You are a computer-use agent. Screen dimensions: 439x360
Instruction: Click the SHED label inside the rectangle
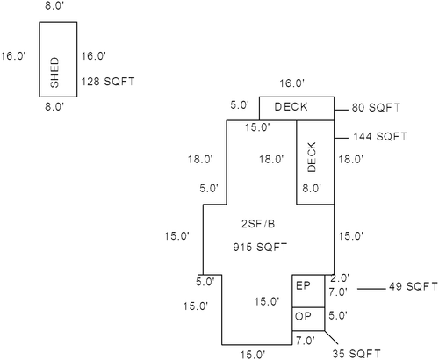tap(54, 72)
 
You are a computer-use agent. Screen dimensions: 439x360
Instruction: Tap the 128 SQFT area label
tap(108, 82)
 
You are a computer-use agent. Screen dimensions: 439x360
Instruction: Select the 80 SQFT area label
tap(376, 108)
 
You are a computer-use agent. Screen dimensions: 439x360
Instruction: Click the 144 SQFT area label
tap(380, 137)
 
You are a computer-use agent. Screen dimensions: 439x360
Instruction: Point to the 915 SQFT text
tap(260, 248)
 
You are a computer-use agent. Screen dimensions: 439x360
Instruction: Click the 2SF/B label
tap(258, 224)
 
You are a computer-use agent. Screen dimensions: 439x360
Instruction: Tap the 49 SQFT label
tap(414, 286)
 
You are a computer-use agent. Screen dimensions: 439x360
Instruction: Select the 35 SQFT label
tap(356, 354)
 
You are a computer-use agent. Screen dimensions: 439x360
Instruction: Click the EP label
tap(303, 285)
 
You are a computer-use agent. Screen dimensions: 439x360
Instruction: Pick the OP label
tap(303, 317)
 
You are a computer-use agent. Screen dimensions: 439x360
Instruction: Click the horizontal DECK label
tap(291, 107)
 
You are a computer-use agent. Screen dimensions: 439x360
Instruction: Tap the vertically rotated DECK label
tap(312, 157)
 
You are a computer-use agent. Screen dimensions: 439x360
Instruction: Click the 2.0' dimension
tap(340, 278)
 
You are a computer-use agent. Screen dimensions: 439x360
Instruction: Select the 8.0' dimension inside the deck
tap(312, 188)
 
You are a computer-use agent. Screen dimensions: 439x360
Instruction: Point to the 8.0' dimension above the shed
tap(54, 6)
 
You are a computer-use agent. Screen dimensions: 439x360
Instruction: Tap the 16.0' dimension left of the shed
tap(13, 56)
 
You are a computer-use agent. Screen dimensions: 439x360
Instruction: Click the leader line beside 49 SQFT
tap(371, 289)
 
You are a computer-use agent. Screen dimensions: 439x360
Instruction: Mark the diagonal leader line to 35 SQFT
tap(331, 337)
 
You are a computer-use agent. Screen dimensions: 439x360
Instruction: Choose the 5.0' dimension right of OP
tap(338, 316)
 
